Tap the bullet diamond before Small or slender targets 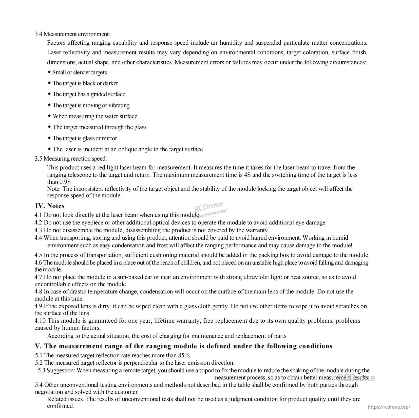coord(49,72)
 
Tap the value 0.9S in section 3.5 coord(65,182)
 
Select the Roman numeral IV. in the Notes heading coord(40,206)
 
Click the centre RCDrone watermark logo coord(209,206)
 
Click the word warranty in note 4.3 coord(257,230)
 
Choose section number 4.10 coord(40,321)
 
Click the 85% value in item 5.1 coord(185,356)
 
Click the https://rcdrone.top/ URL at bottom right coord(389,407)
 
